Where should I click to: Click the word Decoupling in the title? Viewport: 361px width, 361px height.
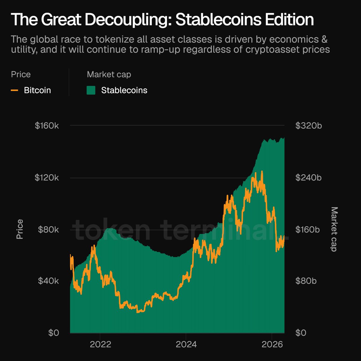(127, 20)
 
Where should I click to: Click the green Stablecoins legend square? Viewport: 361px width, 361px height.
(91, 90)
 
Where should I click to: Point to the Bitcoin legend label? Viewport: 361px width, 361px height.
(37, 90)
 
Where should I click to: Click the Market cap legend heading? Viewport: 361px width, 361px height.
(109, 74)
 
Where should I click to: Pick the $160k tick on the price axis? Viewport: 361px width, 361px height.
(47, 125)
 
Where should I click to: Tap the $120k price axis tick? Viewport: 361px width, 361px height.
(47, 177)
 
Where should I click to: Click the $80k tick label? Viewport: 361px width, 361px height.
(48, 230)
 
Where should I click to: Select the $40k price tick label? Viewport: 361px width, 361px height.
(48, 281)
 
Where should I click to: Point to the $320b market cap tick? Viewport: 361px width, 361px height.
(309, 125)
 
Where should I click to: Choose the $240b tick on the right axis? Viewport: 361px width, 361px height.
(309, 177)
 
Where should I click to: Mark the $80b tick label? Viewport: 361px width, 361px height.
(306, 281)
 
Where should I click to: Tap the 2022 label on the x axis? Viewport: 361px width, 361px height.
(100, 344)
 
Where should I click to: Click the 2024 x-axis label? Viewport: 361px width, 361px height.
(186, 344)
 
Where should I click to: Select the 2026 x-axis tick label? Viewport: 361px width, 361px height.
(272, 344)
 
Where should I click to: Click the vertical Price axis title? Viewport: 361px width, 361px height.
(20, 229)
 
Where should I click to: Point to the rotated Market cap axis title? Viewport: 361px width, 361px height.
(334, 229)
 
